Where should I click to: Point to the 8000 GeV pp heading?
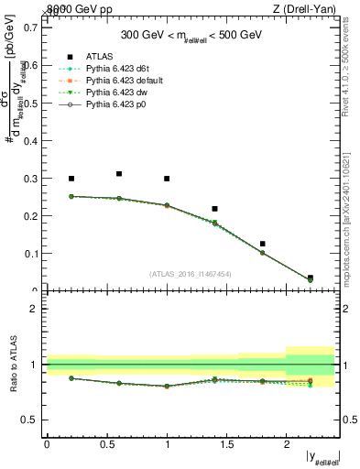79,8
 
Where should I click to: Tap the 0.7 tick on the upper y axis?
30,27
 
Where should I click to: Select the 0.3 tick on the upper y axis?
30,178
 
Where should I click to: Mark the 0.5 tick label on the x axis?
106,443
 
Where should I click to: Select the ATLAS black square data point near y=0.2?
71,179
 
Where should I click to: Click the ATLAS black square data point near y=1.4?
214,209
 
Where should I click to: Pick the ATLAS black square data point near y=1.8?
262,244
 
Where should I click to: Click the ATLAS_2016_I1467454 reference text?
191,274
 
